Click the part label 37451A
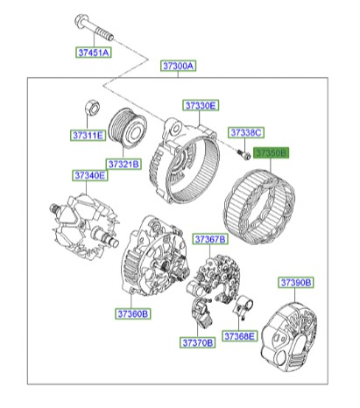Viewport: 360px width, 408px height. pyautogui.click(x=92, y=53)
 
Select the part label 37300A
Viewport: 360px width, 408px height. pyautogui.click(x=178, y=66)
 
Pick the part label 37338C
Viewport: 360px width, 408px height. pyautogui.click(x=246, y=132)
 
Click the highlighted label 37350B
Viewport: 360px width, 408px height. pyautogui.click(x=271, y=152)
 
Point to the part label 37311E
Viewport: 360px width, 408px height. pyautogui.click(x=88, y=136)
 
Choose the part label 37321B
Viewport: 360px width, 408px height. pyautogui.click(x=124, y=164)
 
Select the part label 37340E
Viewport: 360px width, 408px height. pyautogui.click(x=89, y=176)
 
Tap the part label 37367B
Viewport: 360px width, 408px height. pyautogui.click(x=210, y=239)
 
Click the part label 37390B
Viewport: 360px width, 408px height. pyautogui.click(x=296, y=282)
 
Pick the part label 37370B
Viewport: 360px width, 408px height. pyautogui.click(x=197, y=342)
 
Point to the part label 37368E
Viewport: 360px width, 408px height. pyautogui.click(x=238, y=335)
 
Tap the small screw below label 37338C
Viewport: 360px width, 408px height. pyautogui.click(x=240, y=154)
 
